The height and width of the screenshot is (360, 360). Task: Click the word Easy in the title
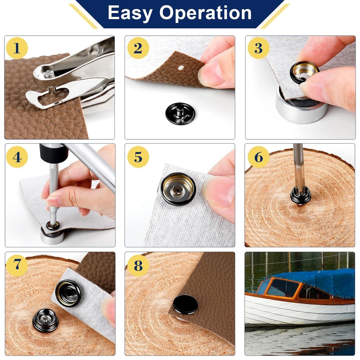130,13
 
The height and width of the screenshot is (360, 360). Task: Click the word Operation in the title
206,13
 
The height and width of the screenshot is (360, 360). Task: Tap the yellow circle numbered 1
17,48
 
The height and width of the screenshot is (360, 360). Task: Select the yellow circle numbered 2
138,48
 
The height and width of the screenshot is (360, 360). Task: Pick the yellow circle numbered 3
258,48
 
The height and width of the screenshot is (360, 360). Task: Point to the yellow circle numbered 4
17,157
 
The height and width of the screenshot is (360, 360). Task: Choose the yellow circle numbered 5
138,157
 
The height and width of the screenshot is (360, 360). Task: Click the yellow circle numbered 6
258,157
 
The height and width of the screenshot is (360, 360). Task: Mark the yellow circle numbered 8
138,265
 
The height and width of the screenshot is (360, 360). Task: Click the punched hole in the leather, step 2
181,68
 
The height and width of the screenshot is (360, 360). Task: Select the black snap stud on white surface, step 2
180,113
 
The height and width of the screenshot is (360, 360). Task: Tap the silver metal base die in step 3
302,107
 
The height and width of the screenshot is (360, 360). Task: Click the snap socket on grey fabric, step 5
178,189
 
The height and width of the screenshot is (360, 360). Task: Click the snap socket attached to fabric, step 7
68,293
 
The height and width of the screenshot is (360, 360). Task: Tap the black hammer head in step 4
54,153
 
